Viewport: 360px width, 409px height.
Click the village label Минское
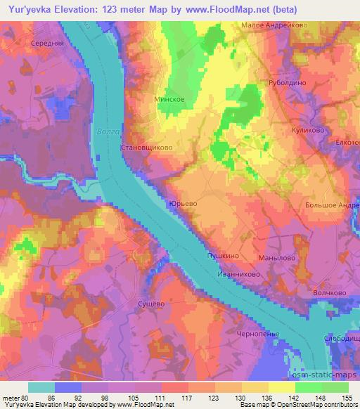pos(169,100)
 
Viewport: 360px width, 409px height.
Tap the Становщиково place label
pos(146,148)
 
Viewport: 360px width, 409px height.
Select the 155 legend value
pos(347,398)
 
